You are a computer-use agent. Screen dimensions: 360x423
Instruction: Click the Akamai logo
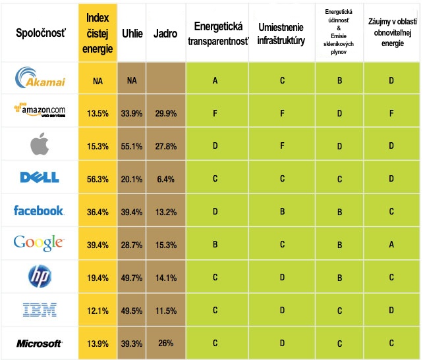click(39, 80)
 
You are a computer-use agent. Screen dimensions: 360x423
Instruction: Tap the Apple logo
click(39, 145)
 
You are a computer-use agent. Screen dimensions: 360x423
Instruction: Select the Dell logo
click(39, 177)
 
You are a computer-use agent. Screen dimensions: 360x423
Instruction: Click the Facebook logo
click(39, 211)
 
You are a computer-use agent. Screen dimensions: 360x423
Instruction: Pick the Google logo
click(39, 244)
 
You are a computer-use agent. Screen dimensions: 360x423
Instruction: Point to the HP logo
click(39, 276)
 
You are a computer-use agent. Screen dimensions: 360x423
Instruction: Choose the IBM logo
click(39, 310)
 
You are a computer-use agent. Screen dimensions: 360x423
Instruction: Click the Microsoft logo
click(39, 344)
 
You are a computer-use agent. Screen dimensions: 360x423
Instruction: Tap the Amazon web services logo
click(39, 111)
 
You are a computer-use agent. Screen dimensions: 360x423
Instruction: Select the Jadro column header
click(165, 34)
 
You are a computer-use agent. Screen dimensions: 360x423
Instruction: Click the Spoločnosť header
click(39, 34)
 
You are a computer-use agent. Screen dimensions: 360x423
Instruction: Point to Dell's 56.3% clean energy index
click(98, 178)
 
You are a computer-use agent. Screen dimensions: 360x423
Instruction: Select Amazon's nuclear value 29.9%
click(165, 112)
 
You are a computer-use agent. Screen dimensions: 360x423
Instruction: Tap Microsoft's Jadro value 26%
click(165, 344)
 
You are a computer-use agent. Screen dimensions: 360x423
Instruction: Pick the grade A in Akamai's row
click(215, 80)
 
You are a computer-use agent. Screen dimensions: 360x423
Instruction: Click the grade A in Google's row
click(391, 244)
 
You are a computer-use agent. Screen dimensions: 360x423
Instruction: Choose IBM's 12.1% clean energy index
click(98, 311)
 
